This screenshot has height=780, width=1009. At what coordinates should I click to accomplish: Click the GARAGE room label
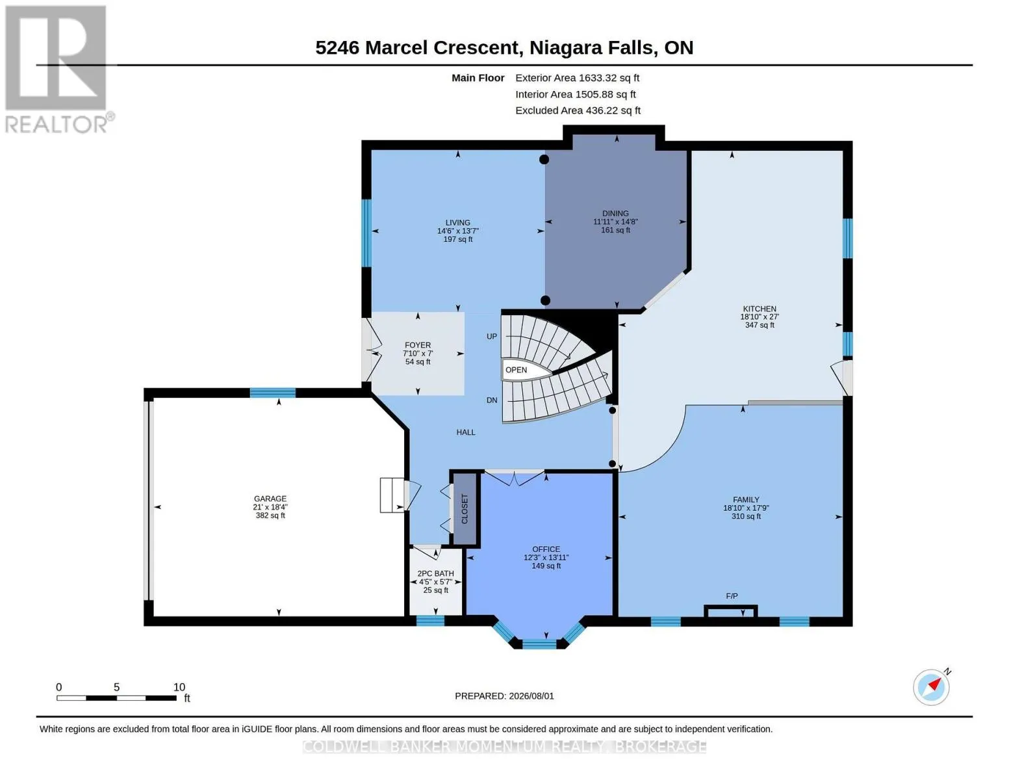tap(270, 499)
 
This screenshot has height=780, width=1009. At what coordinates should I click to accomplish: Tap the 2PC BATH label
tap(435, 573)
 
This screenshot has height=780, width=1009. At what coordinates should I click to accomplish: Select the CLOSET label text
tap(465, 509)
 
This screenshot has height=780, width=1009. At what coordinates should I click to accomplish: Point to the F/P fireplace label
tap(732, 595)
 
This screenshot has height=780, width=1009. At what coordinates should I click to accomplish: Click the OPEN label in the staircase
tap(516, 370)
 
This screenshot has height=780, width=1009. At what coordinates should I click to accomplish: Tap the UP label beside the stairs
tap(491, 336)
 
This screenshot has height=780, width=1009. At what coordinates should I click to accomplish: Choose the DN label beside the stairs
tap(491, 400)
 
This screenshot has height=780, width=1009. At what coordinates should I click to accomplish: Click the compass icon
tap(932, 688)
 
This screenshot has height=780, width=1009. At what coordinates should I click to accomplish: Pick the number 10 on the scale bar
tap(179, 686)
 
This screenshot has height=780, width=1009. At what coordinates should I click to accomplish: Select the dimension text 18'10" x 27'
tap(760, 317)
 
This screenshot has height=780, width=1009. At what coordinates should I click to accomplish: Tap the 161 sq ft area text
tap(615, 229)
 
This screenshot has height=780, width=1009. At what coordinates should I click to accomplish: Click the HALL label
tap(465, 432)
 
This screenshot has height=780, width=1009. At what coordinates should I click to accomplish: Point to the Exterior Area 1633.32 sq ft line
tap(577, 78)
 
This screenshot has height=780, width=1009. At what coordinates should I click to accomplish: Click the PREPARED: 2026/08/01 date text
tap(504, 696)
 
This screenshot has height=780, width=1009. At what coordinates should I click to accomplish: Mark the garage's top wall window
tap(273, 393)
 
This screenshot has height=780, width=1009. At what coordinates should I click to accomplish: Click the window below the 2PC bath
tap(430, 621)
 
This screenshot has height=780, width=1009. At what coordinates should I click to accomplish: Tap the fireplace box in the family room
tap(730, 612)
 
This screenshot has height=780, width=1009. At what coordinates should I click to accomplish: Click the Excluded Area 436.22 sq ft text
tap(578, 110)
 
